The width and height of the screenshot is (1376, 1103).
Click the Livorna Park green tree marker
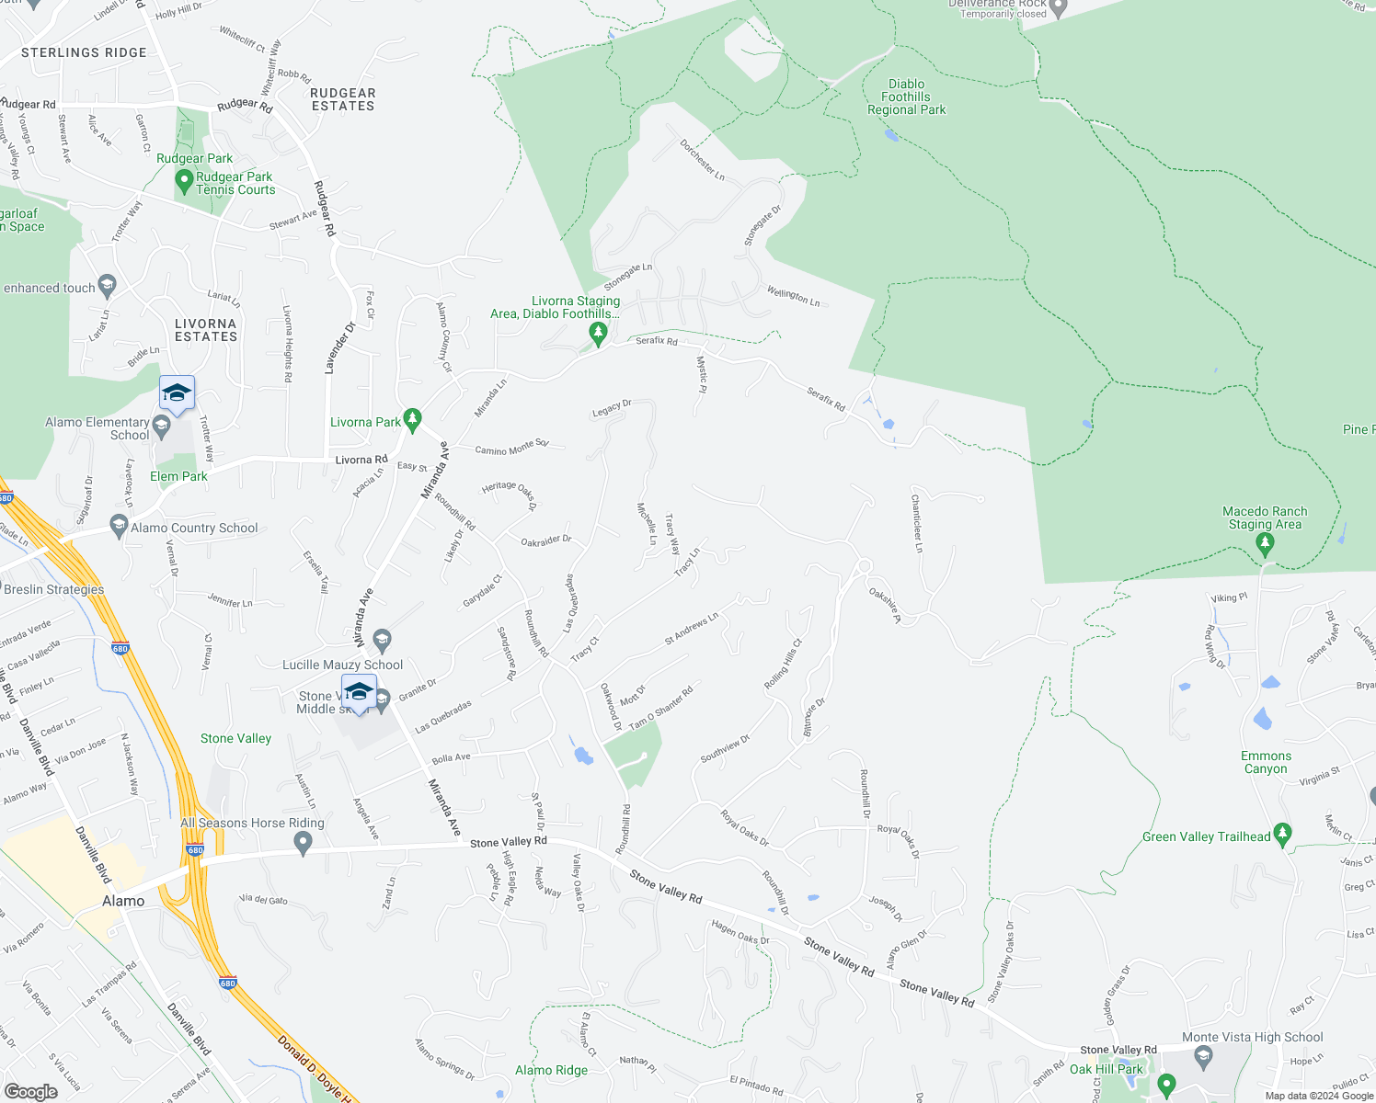click(x=413, y=420)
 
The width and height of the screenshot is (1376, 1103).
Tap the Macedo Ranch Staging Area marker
click(x=1265, y=544)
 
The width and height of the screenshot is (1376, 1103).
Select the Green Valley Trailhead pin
click(x=1284, y=836)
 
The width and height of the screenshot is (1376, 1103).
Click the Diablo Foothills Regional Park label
click(x=906, y=97)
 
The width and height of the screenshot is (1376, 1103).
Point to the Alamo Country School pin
click(x=118, y=526)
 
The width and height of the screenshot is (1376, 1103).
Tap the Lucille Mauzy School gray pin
click(x=383, y=640)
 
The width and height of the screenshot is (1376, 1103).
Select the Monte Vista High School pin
click(x=1203, y=1055)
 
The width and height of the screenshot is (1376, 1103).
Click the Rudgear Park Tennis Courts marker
click(x=184, y=183)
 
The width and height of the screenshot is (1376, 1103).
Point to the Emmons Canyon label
click(x=1266, y=762)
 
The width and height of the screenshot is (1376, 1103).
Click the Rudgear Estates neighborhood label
click(x=342, y=99)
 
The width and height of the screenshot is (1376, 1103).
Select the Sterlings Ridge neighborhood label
click(x=84, y=52)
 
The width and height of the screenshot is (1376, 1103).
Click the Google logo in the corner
click(x=30, y=1091)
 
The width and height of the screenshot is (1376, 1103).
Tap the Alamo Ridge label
click(x=551, y=1070)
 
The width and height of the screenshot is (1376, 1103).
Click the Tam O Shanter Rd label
click(x=660, y=707)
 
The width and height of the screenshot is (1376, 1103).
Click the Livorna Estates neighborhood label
click(x=206, y=330)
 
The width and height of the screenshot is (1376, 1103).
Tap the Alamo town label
click(x=123, y=901)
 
